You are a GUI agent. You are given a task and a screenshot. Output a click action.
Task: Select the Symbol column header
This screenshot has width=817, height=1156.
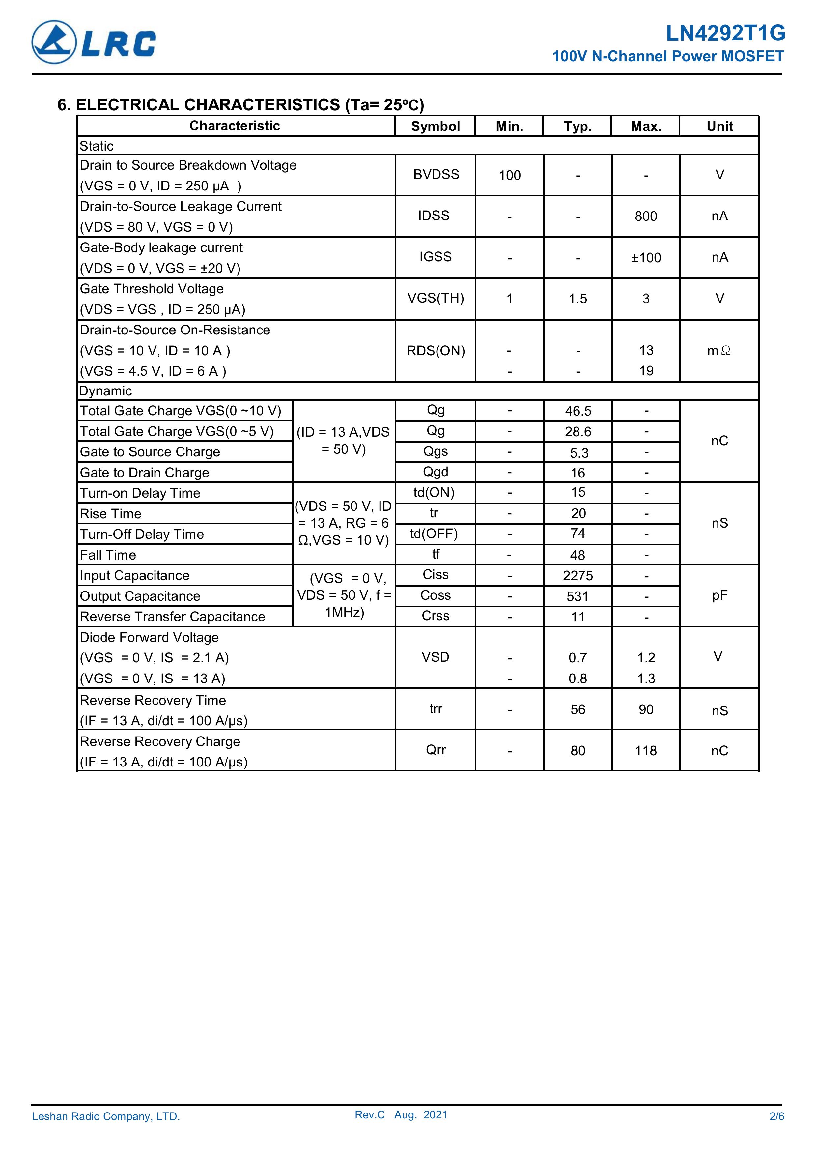click(x=436, y=126)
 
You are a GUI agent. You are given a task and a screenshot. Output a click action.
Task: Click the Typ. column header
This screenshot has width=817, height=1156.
click(x=578, y=126)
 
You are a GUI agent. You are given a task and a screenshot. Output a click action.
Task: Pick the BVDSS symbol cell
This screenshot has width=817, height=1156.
click(x=436, y=174)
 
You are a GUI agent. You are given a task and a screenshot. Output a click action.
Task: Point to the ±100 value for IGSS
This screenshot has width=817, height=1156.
click(x=646, y=258)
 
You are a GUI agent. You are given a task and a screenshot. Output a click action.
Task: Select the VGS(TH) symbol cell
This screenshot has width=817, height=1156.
click(x=436, y=298)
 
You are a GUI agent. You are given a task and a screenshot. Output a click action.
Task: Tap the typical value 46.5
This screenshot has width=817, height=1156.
click(x=578, y=411)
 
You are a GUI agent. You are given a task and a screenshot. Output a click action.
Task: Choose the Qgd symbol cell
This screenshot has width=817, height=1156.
click(x=436, y=472)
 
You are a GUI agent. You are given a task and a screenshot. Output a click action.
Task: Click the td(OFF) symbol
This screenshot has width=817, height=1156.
click(x=434, y=534)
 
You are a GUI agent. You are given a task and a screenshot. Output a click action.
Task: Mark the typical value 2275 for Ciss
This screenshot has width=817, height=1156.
click(x=578, y=575)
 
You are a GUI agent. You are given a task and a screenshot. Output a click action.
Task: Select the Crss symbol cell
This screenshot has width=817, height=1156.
click(x=436, y=616)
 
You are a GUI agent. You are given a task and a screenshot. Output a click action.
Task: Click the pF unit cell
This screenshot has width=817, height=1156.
click(x=719, y=595)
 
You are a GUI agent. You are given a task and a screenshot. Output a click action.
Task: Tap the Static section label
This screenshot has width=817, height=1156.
click(x=97, y=146)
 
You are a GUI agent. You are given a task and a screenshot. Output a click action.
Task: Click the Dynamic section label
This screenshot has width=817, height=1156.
click(x=106, y=391)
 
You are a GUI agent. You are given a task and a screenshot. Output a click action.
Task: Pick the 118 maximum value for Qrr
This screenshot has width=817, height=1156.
click(x=646, y=751)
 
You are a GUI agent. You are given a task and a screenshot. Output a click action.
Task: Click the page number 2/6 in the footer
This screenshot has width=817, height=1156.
click(x=776, y=1116)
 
